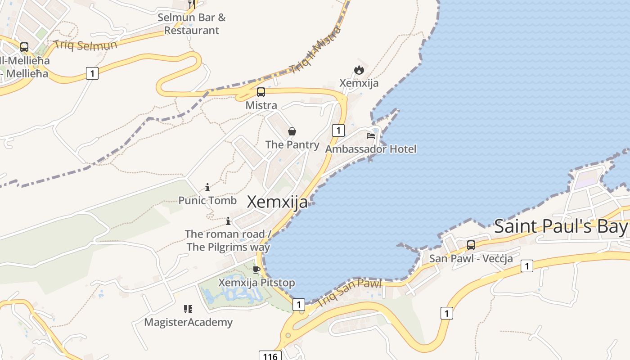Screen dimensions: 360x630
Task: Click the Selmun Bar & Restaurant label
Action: (x=192, y=24)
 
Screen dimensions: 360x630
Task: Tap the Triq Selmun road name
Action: (x=85, y=45)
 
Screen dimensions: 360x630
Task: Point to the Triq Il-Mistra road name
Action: (x=315, y=50)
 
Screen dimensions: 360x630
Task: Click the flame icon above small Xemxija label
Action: (x=359, y=70)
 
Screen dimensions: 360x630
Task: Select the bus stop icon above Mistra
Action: (x=261, y=92)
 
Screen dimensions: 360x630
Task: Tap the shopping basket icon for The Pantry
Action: (x=292, y=131)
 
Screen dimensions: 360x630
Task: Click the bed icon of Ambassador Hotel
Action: (x=371, y=135)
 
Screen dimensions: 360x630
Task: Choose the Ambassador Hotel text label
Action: (x=371, y=149)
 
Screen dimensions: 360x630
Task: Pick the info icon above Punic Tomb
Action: (x=207, y=187)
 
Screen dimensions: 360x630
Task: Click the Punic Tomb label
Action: (x=207, y=200)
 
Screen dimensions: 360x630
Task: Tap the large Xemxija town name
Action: (x=278, y=202)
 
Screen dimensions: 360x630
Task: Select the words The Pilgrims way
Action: (x=228, y=247)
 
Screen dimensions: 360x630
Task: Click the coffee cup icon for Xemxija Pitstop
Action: (x=256, y=270)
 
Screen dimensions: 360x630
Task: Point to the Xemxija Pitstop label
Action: (x=256, y=283)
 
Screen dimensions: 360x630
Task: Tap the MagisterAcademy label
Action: (x=188, y=322)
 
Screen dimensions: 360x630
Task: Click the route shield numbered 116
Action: (x=270, y=356)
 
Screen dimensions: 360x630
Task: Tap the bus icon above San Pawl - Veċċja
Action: (x=471, y=245)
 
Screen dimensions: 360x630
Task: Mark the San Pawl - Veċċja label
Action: (x=471, y=258)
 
